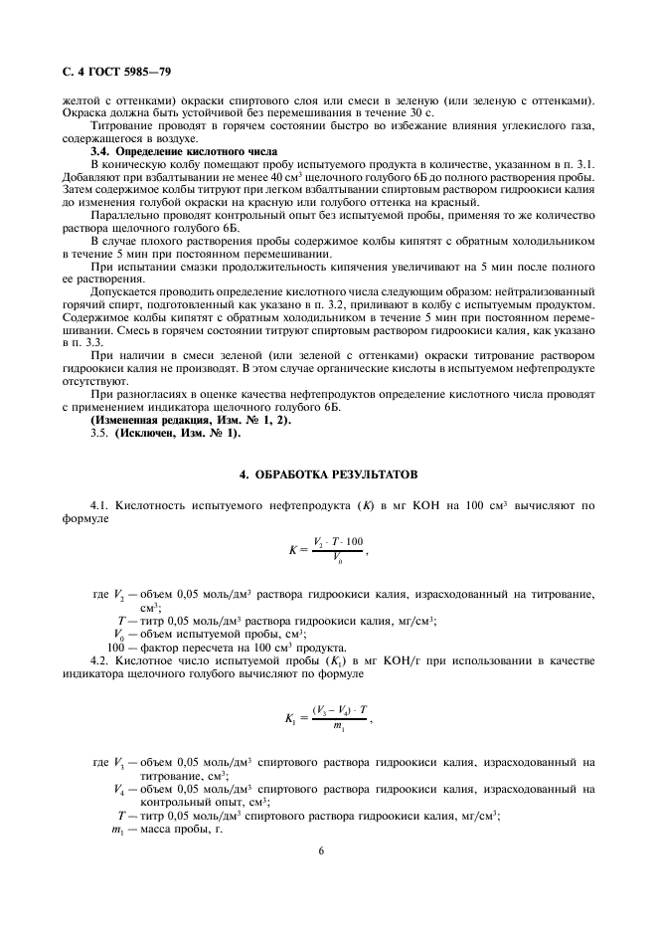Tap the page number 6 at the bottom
pos(322,851)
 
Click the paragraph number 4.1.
pos(101,505)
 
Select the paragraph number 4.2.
pos(101,661)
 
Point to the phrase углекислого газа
pos(554,125)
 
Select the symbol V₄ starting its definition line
pos(121,790)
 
